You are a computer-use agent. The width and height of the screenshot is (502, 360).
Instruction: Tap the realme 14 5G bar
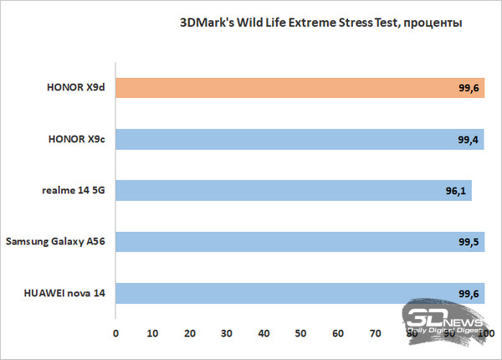coord(293,191)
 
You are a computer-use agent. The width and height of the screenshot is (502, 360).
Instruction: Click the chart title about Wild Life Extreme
coord(320,22)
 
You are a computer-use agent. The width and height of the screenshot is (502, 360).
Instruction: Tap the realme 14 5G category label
coord(72,191)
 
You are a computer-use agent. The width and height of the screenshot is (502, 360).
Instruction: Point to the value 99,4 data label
coord(468,139)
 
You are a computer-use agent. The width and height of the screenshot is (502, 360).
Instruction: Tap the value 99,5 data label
coord(468,242)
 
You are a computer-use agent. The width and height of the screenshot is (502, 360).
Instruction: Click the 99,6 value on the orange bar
coord(468,88)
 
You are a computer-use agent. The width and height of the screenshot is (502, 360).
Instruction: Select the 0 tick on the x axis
coord(116,333)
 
